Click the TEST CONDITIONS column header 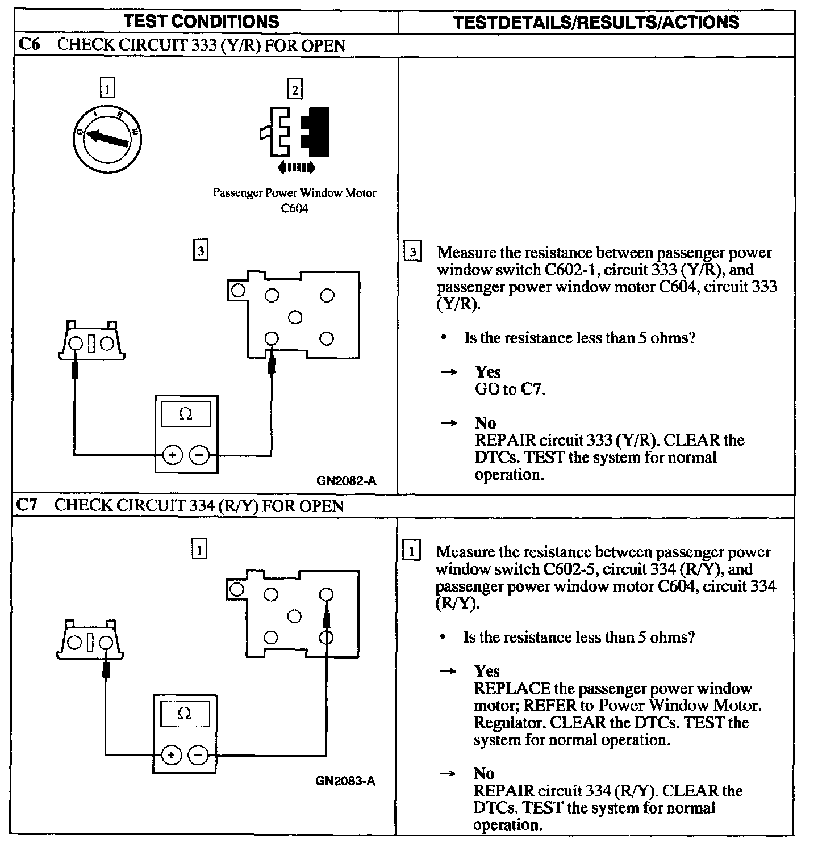coord(202,22)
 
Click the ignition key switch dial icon coord(107,138)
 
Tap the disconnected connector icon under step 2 coord(294,132)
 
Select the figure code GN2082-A coord(346,481)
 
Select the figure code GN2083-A coord(345,781)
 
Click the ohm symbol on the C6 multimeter coord(185,414)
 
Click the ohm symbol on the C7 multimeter coord(184,714)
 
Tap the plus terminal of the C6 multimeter coord(172,455)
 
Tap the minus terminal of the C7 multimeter coord(198,754)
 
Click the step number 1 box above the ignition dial coord(107,89)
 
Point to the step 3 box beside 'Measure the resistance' coord(413,251)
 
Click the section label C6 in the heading coord(29,45)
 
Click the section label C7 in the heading coord(27,505)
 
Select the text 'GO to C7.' coord(510,389)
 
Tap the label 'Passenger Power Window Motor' coord(294,193)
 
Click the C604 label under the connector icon coord(294,208)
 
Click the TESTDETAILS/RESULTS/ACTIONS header coord(596,22)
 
